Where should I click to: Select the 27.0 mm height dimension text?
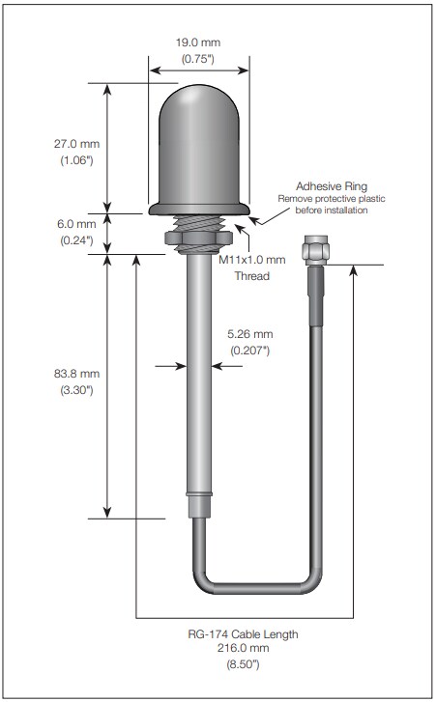(x=73, y=144)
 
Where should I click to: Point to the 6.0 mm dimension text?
(x=73, y=223)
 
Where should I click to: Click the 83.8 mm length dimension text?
(x=73, y=374)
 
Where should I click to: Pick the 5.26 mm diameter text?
(x=249, y=334)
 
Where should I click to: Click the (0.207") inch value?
(x=249, y=351)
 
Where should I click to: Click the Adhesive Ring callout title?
(x=331, y=185)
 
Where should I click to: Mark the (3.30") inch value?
(x=73, y=390)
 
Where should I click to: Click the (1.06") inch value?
(x=73, y=160)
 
